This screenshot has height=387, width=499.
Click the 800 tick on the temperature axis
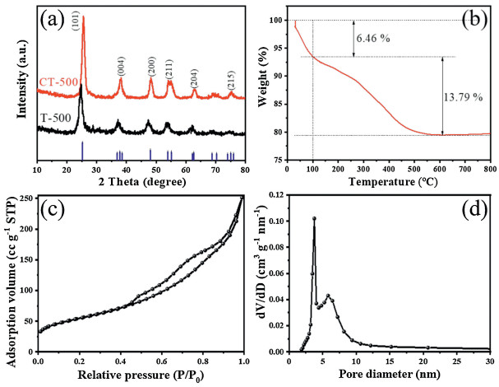[489, 167]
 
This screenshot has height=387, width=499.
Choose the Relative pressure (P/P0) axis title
[141, 376]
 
